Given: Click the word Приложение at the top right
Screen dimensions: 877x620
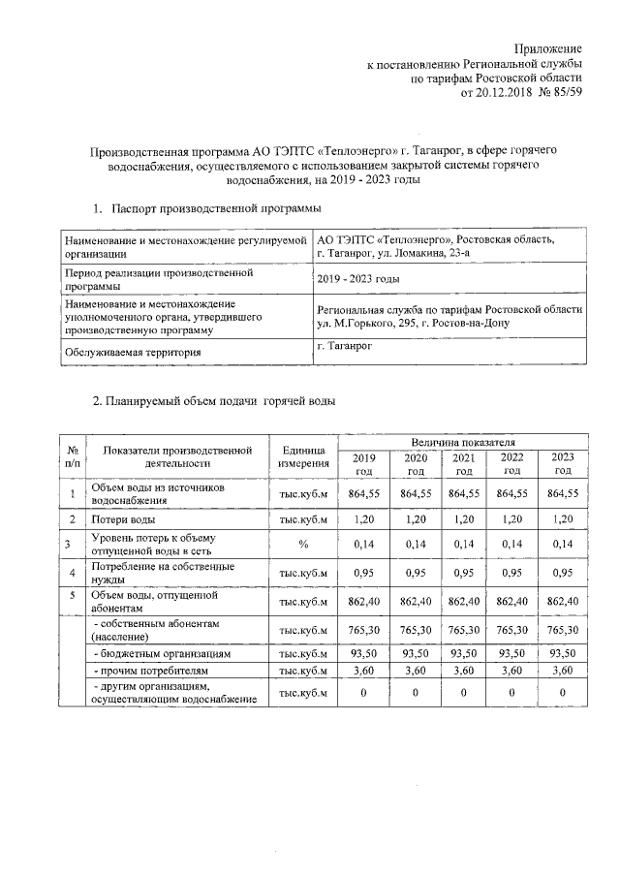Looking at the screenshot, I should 548,47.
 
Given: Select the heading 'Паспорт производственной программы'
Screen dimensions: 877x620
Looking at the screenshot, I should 215,208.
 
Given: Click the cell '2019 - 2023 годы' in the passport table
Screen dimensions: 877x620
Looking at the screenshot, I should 358,279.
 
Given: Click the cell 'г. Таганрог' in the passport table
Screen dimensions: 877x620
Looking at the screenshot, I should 345,345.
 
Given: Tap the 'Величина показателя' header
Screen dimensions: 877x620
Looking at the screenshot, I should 461,441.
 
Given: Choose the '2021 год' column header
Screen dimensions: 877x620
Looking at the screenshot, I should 464,464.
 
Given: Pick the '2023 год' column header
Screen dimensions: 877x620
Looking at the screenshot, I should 562,464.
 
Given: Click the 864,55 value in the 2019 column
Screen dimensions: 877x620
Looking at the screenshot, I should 363,494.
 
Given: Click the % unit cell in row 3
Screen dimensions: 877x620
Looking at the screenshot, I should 303,545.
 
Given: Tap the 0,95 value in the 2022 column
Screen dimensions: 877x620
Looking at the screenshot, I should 511,572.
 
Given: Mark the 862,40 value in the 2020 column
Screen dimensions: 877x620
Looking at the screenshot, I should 416,601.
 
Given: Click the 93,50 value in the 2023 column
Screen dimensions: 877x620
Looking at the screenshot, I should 562,654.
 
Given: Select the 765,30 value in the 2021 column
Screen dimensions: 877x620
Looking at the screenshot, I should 464,630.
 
